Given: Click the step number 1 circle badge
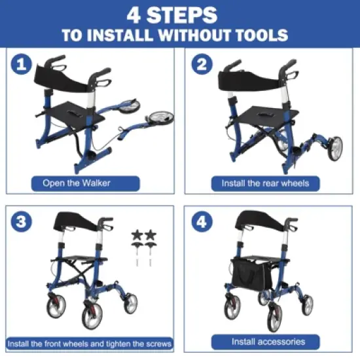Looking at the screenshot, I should (22, 64).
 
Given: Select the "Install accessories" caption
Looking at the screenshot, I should (268, 342).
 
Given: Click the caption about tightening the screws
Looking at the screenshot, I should (90, 343).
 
